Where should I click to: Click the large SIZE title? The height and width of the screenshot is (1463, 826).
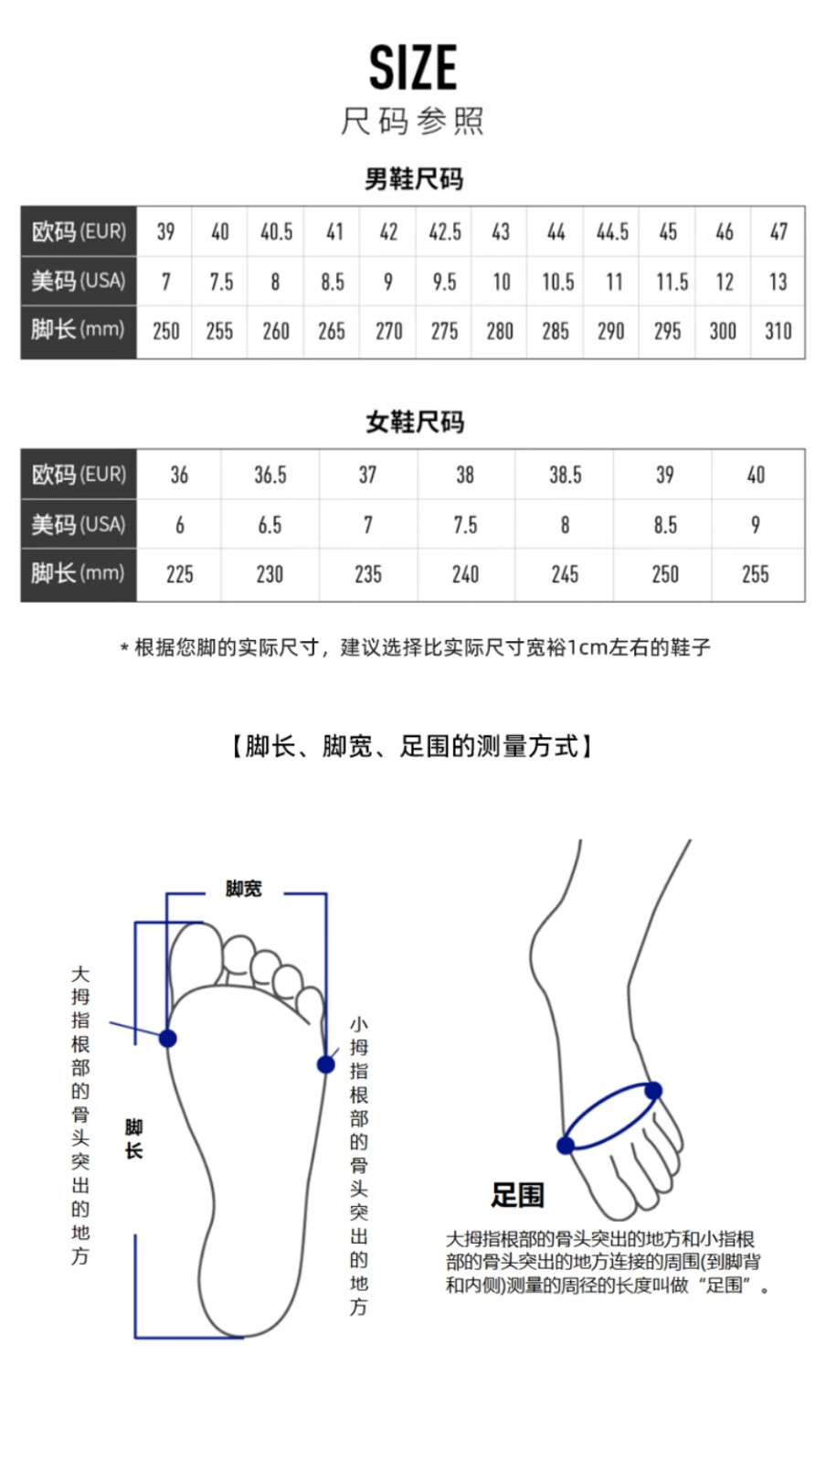pos(413,68)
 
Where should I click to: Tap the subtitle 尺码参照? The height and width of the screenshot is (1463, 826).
pos(413,121)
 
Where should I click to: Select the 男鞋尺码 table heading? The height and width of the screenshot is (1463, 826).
pos(414,178)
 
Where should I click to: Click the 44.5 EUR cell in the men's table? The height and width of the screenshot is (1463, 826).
pos(612,232)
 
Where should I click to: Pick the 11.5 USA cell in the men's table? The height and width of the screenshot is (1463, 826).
pos(672,282)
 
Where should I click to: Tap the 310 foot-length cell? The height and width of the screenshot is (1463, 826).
pos(778,331)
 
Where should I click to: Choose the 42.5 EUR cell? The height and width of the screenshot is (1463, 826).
pos(445,232)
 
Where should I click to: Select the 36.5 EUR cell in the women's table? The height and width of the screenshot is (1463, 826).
pos(270,475)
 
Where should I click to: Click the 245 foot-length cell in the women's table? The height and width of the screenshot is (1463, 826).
pos(565,574)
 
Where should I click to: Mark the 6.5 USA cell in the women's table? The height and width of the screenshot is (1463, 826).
pos(270,525)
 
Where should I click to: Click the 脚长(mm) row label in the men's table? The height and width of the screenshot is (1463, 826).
pos(78,330)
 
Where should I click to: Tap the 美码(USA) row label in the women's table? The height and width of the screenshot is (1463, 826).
pos(78,525)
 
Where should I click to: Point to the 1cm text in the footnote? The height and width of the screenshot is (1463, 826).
pos(587,647)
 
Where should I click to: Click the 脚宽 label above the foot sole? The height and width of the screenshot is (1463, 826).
pos(244,889)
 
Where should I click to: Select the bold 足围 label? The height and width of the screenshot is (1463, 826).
pos(517,1194)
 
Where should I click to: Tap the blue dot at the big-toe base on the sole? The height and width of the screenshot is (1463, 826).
pos(168,1038)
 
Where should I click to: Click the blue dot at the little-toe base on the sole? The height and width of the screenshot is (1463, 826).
pos(325,1064)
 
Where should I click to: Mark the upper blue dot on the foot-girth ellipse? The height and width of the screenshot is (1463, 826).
pos(653,1090)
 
